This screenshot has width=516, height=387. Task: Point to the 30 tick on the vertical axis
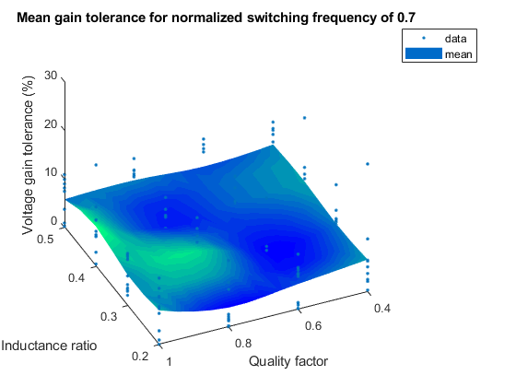click(51, 76)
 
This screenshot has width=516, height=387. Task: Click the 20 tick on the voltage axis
click(51, 125)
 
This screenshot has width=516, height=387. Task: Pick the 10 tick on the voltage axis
click(51, 173)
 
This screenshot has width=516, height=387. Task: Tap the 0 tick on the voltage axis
click(53, 221)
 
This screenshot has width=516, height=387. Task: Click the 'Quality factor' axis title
click(287, 360)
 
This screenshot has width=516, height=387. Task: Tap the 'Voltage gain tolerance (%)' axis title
click(29, 157)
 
